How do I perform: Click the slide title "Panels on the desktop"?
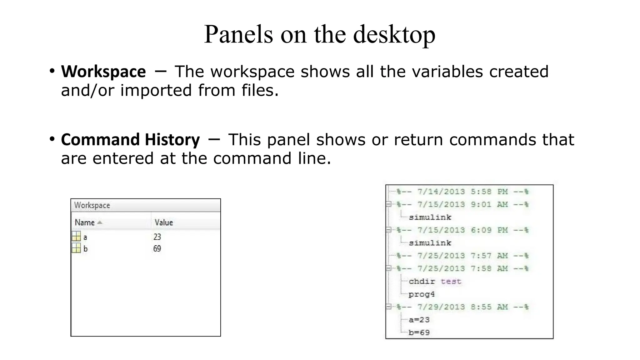(319, 34)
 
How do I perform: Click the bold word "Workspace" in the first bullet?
(103, 72)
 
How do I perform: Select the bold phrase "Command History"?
(130, 139)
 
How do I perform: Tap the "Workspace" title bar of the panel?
(92, 205)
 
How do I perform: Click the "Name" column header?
(85, 222)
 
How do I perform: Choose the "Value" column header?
(164, 222)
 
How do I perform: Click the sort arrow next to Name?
(100, 222)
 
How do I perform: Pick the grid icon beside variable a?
(76, 236)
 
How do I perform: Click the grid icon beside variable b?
(76, 248)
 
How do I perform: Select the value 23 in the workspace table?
(157, 237)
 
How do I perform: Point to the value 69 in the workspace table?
(157, 249)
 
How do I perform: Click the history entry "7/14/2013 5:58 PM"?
(462, 192)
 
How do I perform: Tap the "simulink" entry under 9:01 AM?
(430, 217)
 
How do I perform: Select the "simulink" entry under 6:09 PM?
(430, 243)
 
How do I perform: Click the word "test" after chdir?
(451, 281)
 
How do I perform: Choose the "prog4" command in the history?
(422, 294)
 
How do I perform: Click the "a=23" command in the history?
(419, 320)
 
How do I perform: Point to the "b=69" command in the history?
(419, 332)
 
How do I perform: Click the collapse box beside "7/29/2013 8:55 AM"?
(388, 307)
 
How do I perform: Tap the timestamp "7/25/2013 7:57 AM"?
(462, 256)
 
